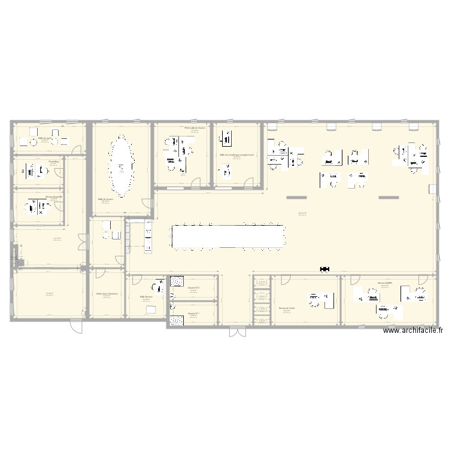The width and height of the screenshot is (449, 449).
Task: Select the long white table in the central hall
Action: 228,236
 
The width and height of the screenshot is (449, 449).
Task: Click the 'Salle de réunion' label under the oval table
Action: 107,201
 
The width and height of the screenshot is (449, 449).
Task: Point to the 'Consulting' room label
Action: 53,161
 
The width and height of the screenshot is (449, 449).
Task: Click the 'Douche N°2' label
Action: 193,287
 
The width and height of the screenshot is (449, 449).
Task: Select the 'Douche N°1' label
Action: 193,313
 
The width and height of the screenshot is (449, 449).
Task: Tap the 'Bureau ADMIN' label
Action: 384,283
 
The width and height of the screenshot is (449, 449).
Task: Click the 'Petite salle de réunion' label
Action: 195,128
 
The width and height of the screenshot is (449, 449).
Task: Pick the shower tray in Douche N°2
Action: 177,281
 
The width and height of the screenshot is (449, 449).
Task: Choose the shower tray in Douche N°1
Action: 177,320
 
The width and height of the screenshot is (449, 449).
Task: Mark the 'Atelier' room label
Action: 50,293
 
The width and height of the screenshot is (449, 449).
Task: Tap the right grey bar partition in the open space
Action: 389,197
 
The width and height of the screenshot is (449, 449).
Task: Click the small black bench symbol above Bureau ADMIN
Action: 326,270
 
